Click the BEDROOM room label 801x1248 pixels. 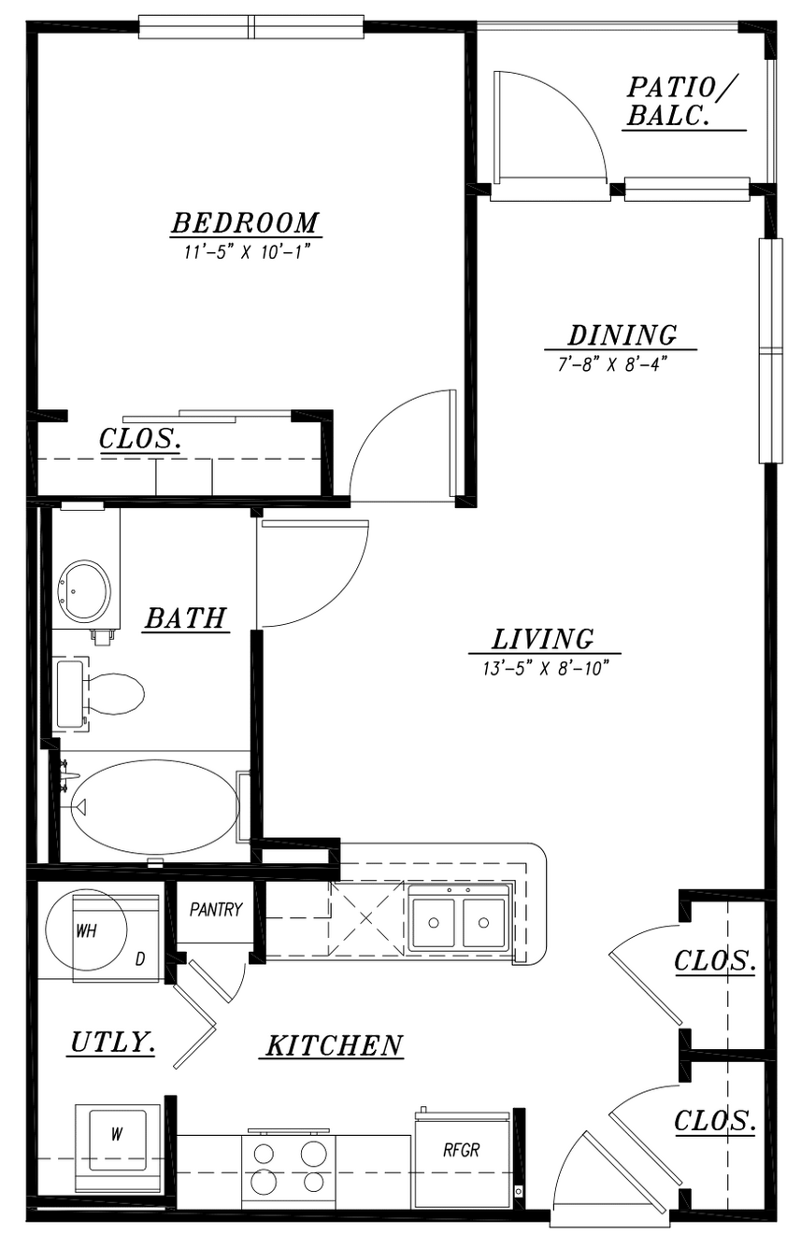pos(245,223)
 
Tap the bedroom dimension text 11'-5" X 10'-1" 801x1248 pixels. pos(247,252)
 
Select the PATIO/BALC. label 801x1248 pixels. pos(681,102)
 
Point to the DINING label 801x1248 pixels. pos(622,335)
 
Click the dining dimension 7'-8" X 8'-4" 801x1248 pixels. pos(612,364)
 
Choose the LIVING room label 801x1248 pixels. pos(542,639)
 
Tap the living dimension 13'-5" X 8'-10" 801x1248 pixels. pos(545,668)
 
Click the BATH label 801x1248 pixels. pos(186,617)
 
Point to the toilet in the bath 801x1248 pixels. pos(99,694)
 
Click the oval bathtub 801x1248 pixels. pos(155,805)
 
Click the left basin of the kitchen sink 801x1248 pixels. pos(434,923)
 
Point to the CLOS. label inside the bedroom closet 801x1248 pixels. pos(140,438)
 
